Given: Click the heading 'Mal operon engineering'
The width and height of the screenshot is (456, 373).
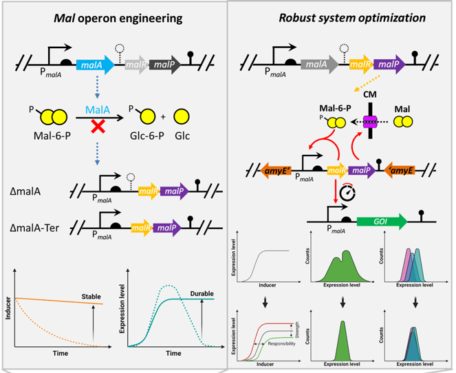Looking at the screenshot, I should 113,17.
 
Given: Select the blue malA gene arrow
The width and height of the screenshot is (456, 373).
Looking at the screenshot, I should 99,67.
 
